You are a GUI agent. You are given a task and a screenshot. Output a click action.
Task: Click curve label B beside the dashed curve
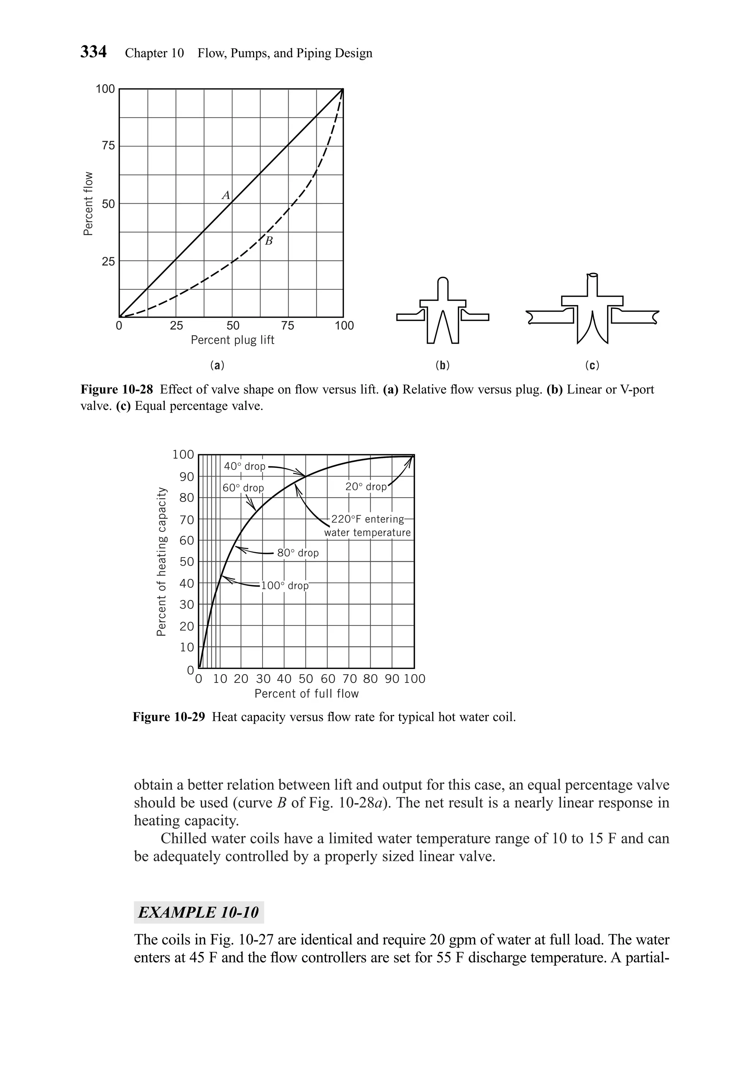269,241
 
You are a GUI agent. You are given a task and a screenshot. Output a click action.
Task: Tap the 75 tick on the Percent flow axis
108,146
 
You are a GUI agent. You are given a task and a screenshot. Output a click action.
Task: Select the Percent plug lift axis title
233,340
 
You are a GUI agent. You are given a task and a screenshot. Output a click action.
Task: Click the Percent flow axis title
88,204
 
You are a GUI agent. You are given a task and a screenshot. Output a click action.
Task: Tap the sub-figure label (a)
217,365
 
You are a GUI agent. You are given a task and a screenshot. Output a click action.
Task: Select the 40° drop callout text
245,466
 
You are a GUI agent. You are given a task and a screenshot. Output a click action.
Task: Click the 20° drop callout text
366,487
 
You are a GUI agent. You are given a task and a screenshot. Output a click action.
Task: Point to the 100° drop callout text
285,585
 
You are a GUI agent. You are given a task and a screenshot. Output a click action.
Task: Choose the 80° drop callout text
298,553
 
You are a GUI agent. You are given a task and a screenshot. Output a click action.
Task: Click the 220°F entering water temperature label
367,526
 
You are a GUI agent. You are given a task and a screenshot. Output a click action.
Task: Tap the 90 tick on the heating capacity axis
187,477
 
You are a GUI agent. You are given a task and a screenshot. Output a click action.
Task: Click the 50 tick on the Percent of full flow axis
306,679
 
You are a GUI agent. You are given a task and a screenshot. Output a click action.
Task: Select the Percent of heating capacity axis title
161,561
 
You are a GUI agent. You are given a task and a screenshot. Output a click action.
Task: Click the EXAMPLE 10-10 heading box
198,912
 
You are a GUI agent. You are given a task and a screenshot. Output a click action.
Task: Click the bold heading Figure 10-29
169,717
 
